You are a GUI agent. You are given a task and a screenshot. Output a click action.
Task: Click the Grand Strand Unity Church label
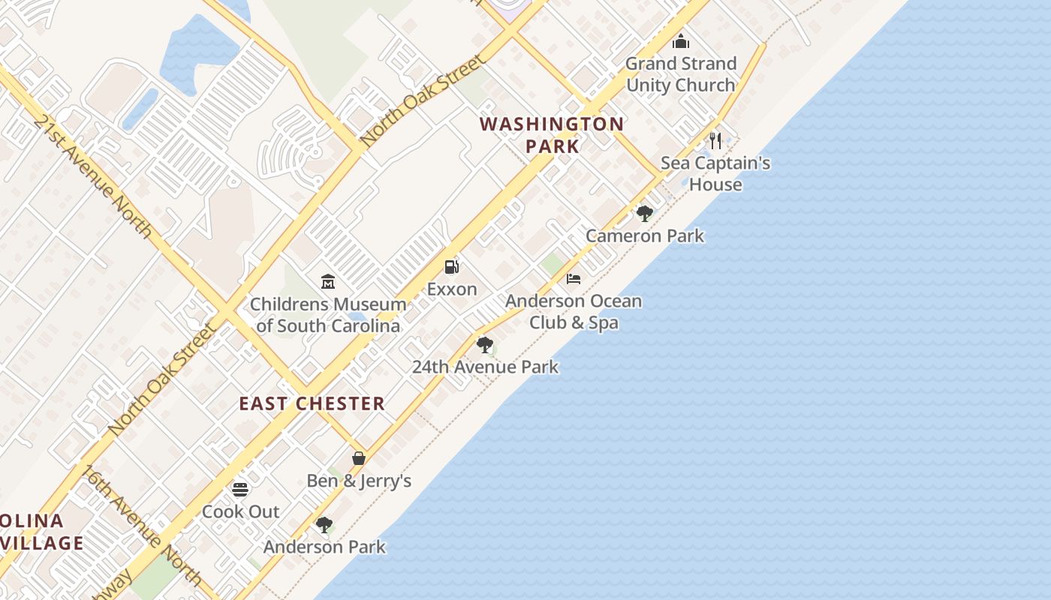681,74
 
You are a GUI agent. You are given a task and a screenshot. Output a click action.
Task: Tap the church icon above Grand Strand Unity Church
681,41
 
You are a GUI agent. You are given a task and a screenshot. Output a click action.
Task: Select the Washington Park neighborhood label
552,135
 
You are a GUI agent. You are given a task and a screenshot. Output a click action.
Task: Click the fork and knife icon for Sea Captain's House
715,140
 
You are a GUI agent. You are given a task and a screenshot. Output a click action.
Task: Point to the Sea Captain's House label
715,173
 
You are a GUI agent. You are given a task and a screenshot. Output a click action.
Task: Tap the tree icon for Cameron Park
644,214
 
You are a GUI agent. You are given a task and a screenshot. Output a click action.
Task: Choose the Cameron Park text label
645,235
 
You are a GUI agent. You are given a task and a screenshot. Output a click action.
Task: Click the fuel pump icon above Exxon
451,266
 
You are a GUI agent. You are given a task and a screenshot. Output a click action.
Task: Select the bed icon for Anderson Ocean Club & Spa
574,279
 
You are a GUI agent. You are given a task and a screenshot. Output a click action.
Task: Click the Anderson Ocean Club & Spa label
574,312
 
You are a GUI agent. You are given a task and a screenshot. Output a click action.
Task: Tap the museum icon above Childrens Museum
328,282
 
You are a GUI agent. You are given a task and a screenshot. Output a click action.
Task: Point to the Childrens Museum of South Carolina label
328,315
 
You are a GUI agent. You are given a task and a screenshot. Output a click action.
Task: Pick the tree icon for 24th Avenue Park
485,345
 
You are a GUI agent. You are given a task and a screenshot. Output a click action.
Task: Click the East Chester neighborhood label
312,403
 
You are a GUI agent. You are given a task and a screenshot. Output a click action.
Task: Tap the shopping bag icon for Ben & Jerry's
359,457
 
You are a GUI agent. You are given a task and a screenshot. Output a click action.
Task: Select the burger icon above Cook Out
240,490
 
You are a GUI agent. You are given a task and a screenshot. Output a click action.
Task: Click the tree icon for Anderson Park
324,525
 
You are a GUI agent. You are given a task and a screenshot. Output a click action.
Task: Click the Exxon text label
452,289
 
